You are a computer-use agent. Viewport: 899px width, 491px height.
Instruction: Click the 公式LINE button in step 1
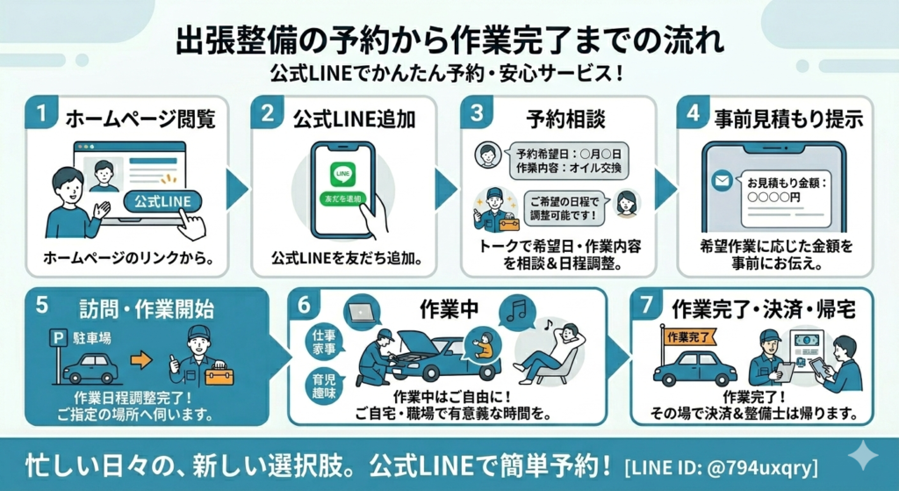[x=162, y=201]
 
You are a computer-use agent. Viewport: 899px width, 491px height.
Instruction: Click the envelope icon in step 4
[x=722, y=183]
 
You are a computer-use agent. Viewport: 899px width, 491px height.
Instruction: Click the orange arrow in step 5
[x=140, y=358]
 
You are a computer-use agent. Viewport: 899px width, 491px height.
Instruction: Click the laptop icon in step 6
[x=360, y=311]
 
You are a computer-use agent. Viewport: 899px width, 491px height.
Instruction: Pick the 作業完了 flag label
[x=688, y=336]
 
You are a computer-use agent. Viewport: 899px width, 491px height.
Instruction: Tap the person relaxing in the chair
[x=550, y=351]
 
